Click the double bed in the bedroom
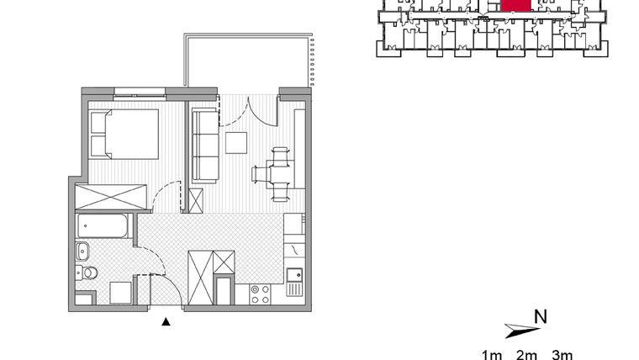124,135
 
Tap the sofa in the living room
204,145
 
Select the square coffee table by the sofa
236,143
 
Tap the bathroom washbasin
83,251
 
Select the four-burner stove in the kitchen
260,294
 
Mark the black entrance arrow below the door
166,320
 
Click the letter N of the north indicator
541,317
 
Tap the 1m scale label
492,354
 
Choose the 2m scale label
526,354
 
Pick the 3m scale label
562,354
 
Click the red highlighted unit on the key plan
515,5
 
